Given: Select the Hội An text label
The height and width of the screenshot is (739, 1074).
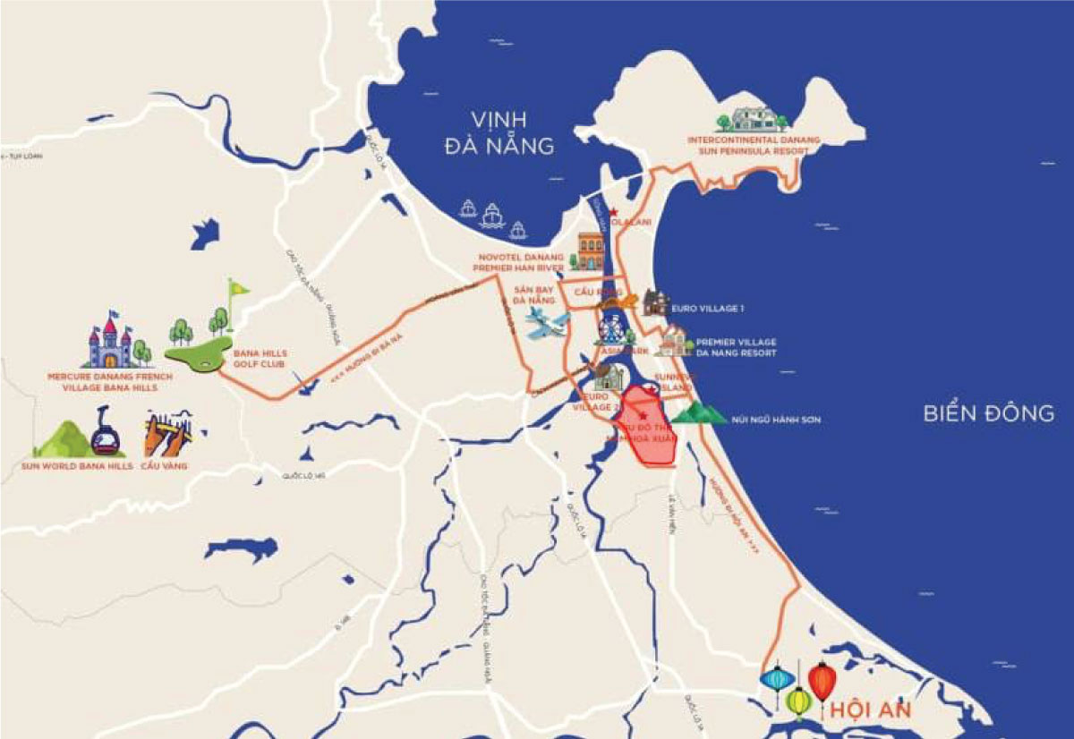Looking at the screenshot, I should pyautogui.click(x=871, y=710).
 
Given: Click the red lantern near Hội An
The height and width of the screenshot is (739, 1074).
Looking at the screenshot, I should pyautogui.click(x=821, y=682).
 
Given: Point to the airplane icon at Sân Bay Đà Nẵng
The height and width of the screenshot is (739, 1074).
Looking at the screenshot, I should pyautogui.click(x=548, y=327).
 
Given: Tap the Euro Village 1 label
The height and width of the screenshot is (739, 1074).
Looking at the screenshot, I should pyautogui.click(x=708, y=309).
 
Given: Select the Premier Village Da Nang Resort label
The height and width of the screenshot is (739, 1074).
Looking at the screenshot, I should pyautogui.click(x=736, y=348).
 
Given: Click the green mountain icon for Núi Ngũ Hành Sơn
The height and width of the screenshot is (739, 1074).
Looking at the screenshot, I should pyautogui.click(x=701, y=412).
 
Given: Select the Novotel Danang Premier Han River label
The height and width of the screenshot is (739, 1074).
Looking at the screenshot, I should pyautogui.click(x=523, y=260).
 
